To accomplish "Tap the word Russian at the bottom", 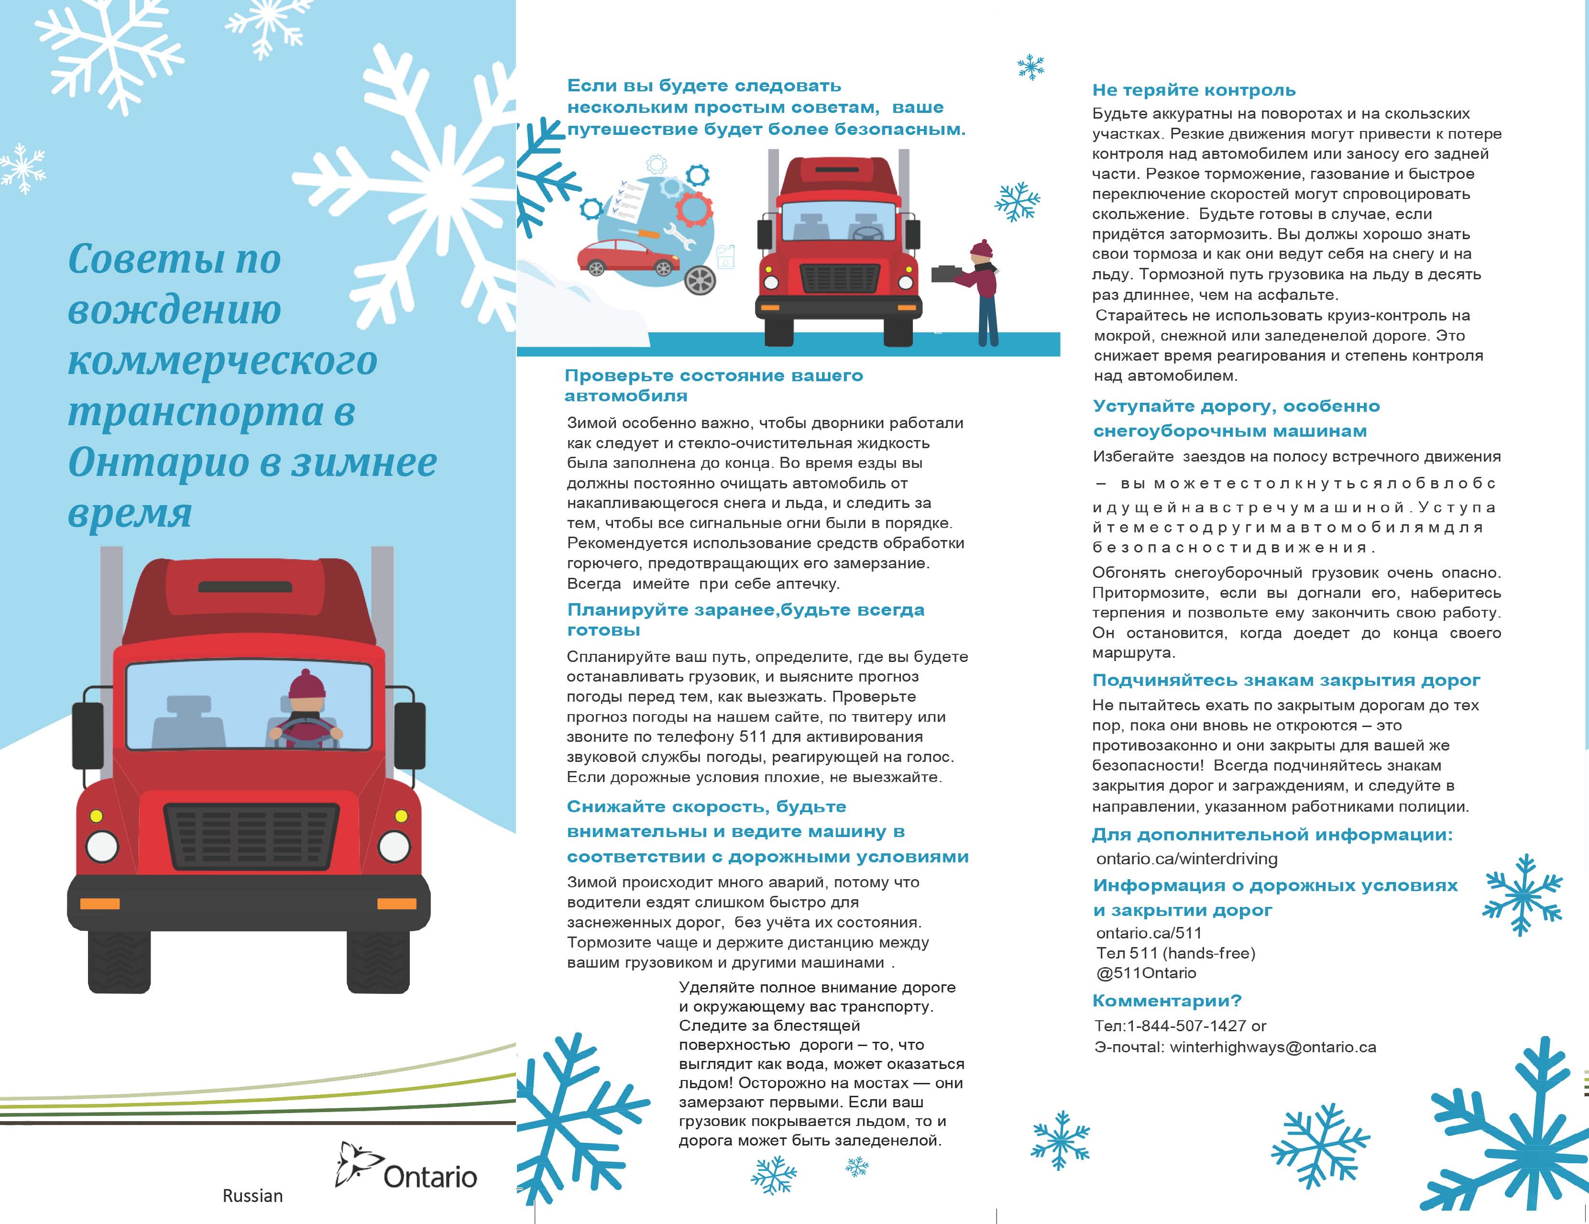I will [x=252, y=1196].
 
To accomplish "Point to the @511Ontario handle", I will [x=1146, y=973].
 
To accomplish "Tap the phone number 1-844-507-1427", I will [x=1186, y=1026].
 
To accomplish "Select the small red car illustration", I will [x=626, y=256].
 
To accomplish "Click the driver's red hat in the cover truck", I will [x=307, y=684].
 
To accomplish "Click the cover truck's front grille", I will [x=251, y=836].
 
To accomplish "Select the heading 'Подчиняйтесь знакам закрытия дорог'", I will [x=1286, y=681].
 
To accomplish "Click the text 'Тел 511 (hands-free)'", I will [x=1175, y=953].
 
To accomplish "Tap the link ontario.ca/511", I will [x=1148, y=933].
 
